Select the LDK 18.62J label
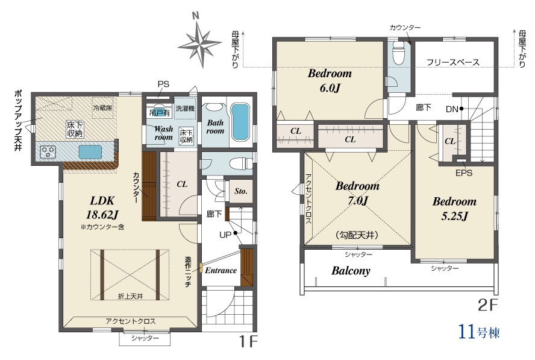[102, 207]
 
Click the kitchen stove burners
[48, 151]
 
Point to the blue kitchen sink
[90, 151]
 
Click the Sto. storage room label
[241, 191]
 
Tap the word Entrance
[221, 271]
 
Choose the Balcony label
[351, 271]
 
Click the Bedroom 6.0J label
[330, 81]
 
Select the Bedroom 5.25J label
[454, 209]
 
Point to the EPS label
[464, 173]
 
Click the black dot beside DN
[461, 109]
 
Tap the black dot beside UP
[235, 233]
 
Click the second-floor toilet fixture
[398, 52]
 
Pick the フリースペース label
[453, 62]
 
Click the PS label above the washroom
[163, 84]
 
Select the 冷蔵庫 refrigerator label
[102, 108]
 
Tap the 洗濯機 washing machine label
[186, 109]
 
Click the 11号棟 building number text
[479, 331]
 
